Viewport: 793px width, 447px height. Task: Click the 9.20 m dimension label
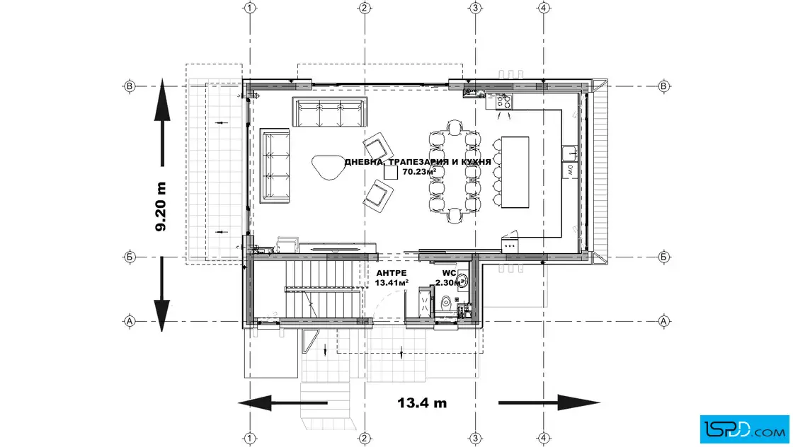click(161, 206)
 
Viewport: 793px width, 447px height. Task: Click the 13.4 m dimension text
click(422, 402)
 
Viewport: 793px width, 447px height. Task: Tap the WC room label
click(449, 273)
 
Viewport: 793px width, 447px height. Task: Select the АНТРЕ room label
click(391, 273)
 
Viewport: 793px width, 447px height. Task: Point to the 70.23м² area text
click(419, 171)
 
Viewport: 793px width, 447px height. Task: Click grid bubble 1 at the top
click(250, 8)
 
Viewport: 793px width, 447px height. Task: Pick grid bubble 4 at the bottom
click(544, 439)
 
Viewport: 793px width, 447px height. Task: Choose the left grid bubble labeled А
click(130, 320)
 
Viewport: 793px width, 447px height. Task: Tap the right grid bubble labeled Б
click(663, 257)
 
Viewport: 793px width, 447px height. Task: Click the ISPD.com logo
click(744, 429)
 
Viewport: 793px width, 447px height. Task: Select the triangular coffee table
click(328, 167)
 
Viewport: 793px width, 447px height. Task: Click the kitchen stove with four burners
click(503, 102)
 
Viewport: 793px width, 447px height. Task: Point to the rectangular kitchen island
click(515, 173)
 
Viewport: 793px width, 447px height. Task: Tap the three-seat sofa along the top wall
click(329, 112)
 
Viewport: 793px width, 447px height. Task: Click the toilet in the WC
click(446, 302)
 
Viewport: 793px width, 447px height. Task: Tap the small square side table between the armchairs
click(390, 173)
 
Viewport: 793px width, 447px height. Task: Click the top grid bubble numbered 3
click(475, 8)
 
